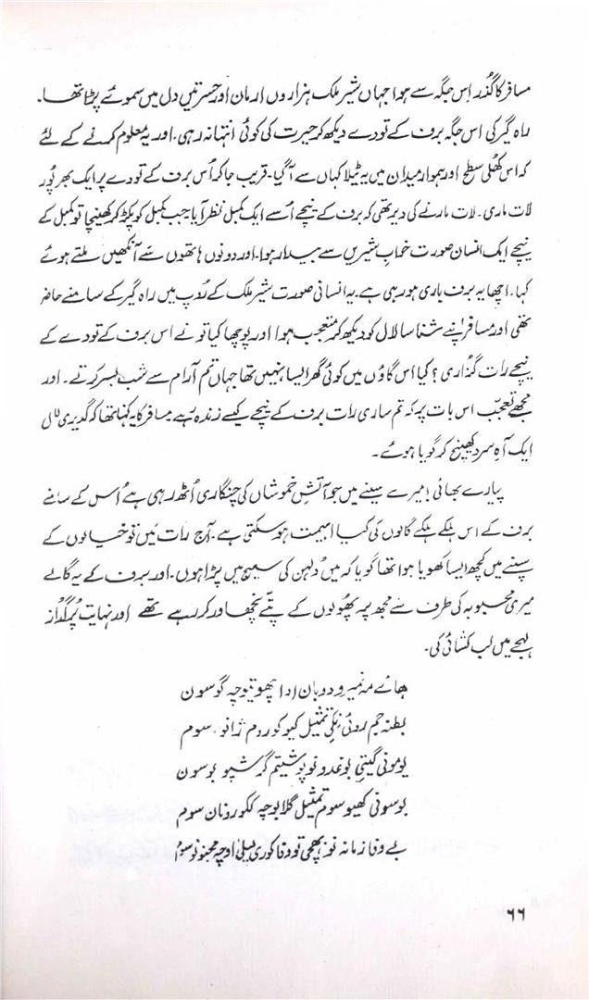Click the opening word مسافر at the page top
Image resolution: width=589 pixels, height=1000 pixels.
point(535,96)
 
